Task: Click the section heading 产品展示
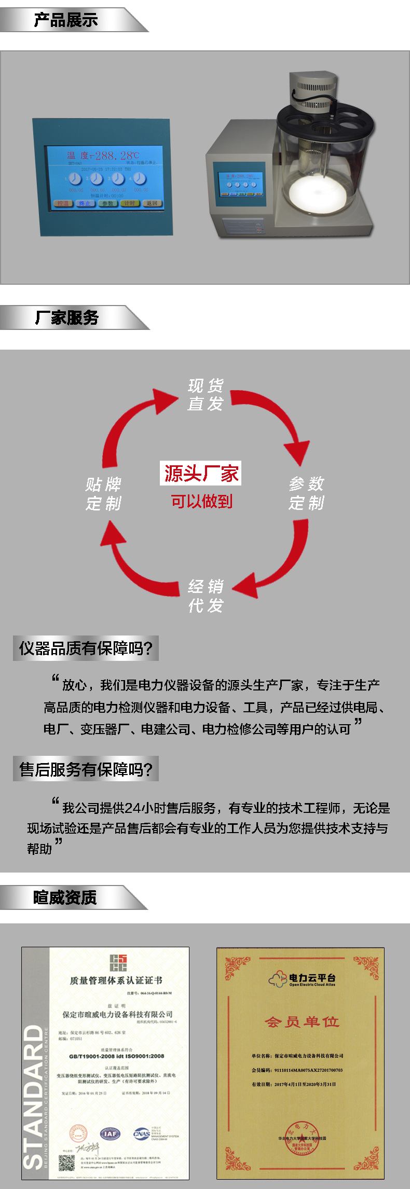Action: pyautogui.click(x=66, y=20)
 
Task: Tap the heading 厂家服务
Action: pyautogui.click(x=67, y=317)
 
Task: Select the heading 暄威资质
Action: pyautogui.click(x=65, y=897)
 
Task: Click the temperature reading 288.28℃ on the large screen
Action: pyautogui.click(x=117, y=155)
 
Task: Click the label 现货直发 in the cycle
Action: pyautogui.click(x=206, y=394)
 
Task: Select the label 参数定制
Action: pyautogui.click(x=306, y=493)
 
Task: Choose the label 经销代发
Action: pyautogui.click(x=206, y=596)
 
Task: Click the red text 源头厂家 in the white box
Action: pyautogui.click(x=201, y=474)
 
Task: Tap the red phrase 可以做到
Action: pyautogui.click(x=201, y=501)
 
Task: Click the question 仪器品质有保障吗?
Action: pyautogui.click(x=86, y=648)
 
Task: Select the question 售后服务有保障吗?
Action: pyautogui.click(x=86, y=769)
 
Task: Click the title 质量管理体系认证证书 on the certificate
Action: pyautogui.click(x=116, y=980)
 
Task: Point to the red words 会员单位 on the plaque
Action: pyautogui.click(x=302, y=1021)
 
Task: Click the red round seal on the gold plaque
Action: pyautogui.click(x=302, y=1140)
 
